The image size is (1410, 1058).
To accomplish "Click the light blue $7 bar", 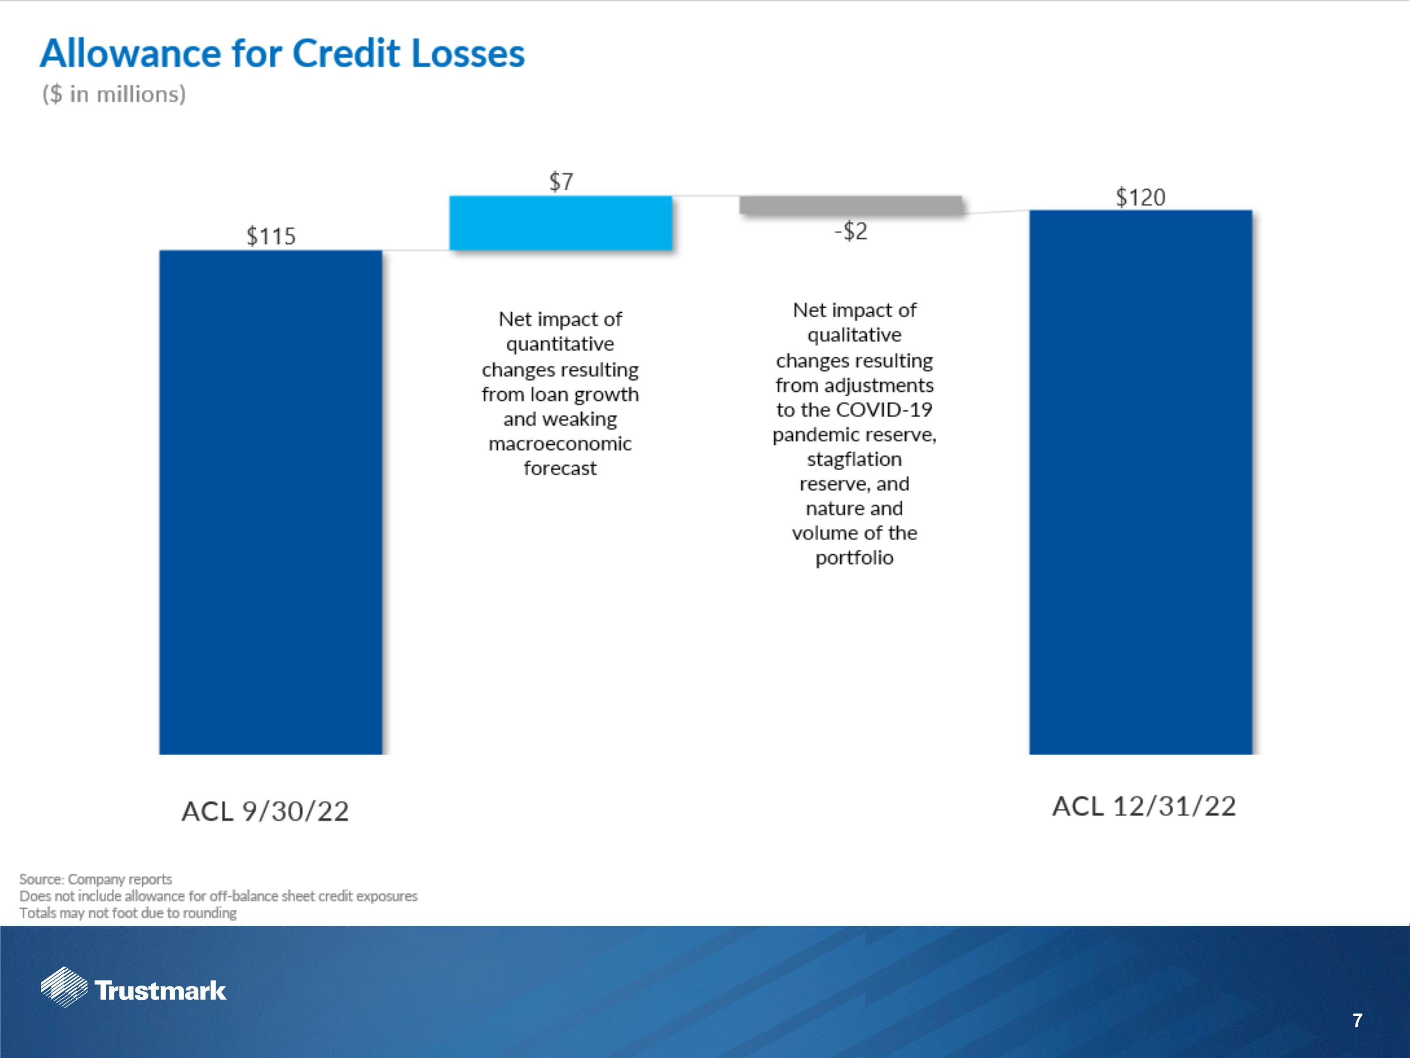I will click(x=560, y=222).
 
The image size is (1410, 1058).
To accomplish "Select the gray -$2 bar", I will click(x=850, y=205).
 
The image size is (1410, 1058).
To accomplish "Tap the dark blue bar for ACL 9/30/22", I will click(x=270, y=502).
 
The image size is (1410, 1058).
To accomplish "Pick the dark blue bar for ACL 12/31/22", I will click(x=1140, y=482).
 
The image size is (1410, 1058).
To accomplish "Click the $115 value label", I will click(x=271, y=237).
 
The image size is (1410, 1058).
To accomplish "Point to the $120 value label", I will click(x=1140, y=197).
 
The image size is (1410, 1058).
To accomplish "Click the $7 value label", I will click(x=561, y=182).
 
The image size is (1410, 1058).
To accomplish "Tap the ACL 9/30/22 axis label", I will click(x=265, y=811).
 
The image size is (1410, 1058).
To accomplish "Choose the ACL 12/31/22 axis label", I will click(x=1144, y=806).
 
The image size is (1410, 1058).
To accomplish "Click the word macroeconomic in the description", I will click(x=560, y=444).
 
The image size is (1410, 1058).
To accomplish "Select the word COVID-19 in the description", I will click(x=884, y=410).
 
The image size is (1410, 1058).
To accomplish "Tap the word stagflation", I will click(x=854, y=459).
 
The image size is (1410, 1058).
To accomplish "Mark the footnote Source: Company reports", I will click(x=95, y=879).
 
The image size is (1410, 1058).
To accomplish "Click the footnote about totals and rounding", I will click(x=127, y=913).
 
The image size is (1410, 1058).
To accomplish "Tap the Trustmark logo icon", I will click(x=64, y=987).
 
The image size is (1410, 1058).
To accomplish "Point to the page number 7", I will click(x=1357, y=1021).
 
